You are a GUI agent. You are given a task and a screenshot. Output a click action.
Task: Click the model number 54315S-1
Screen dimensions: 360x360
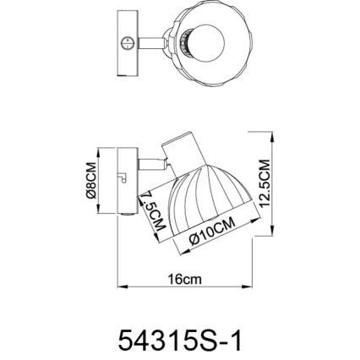click(179, 339)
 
